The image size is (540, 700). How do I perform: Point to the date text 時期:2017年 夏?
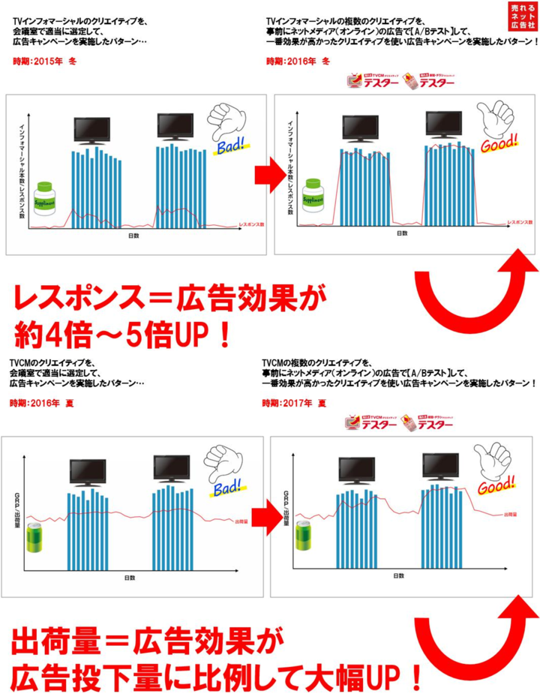pos(294,404)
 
